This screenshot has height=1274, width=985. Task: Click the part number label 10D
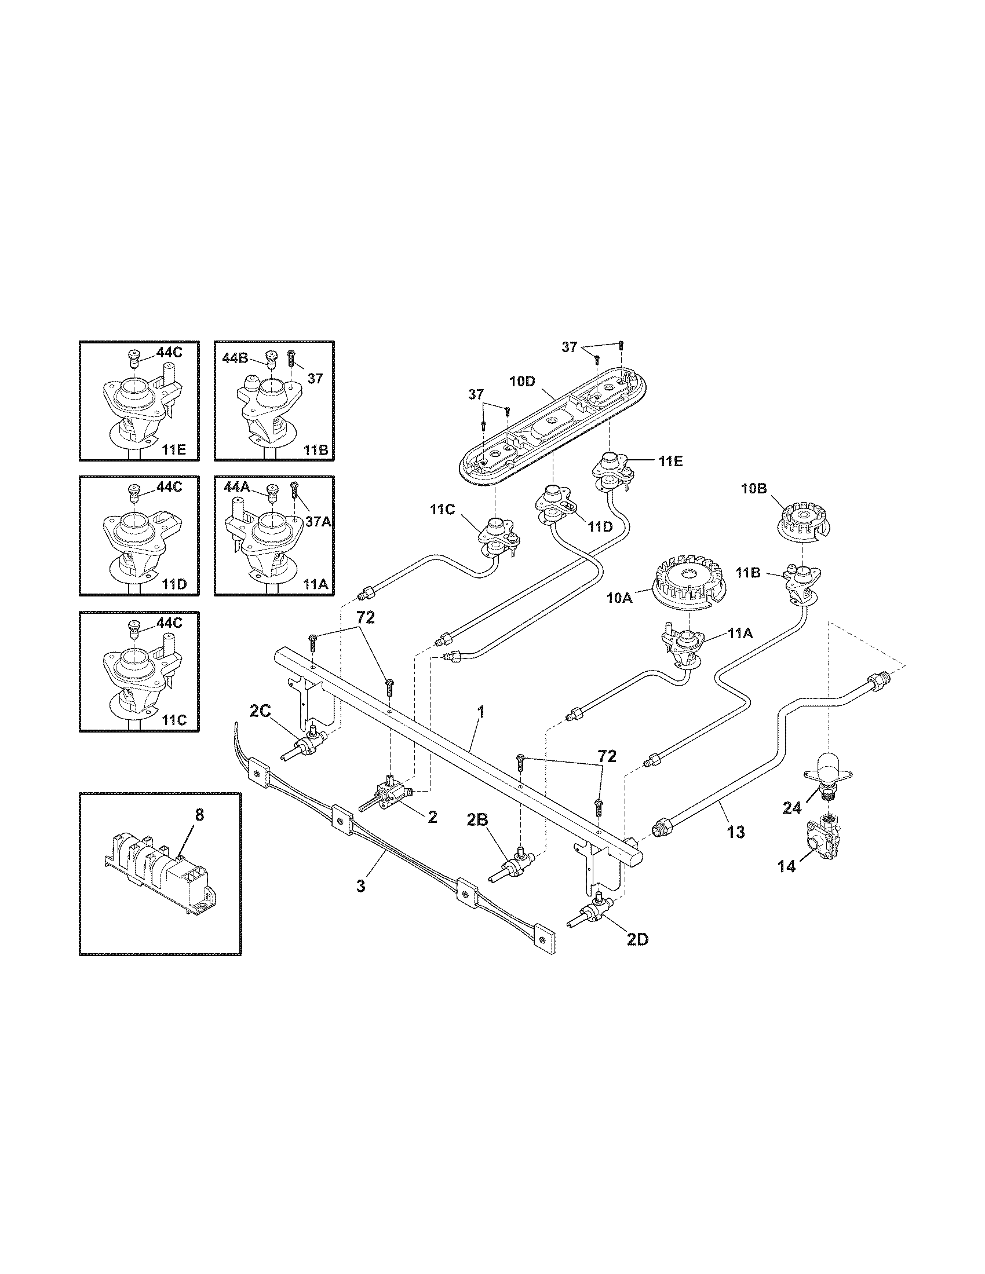click(x=521, y=382)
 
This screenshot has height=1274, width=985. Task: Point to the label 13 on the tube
click(x=736, y=832)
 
